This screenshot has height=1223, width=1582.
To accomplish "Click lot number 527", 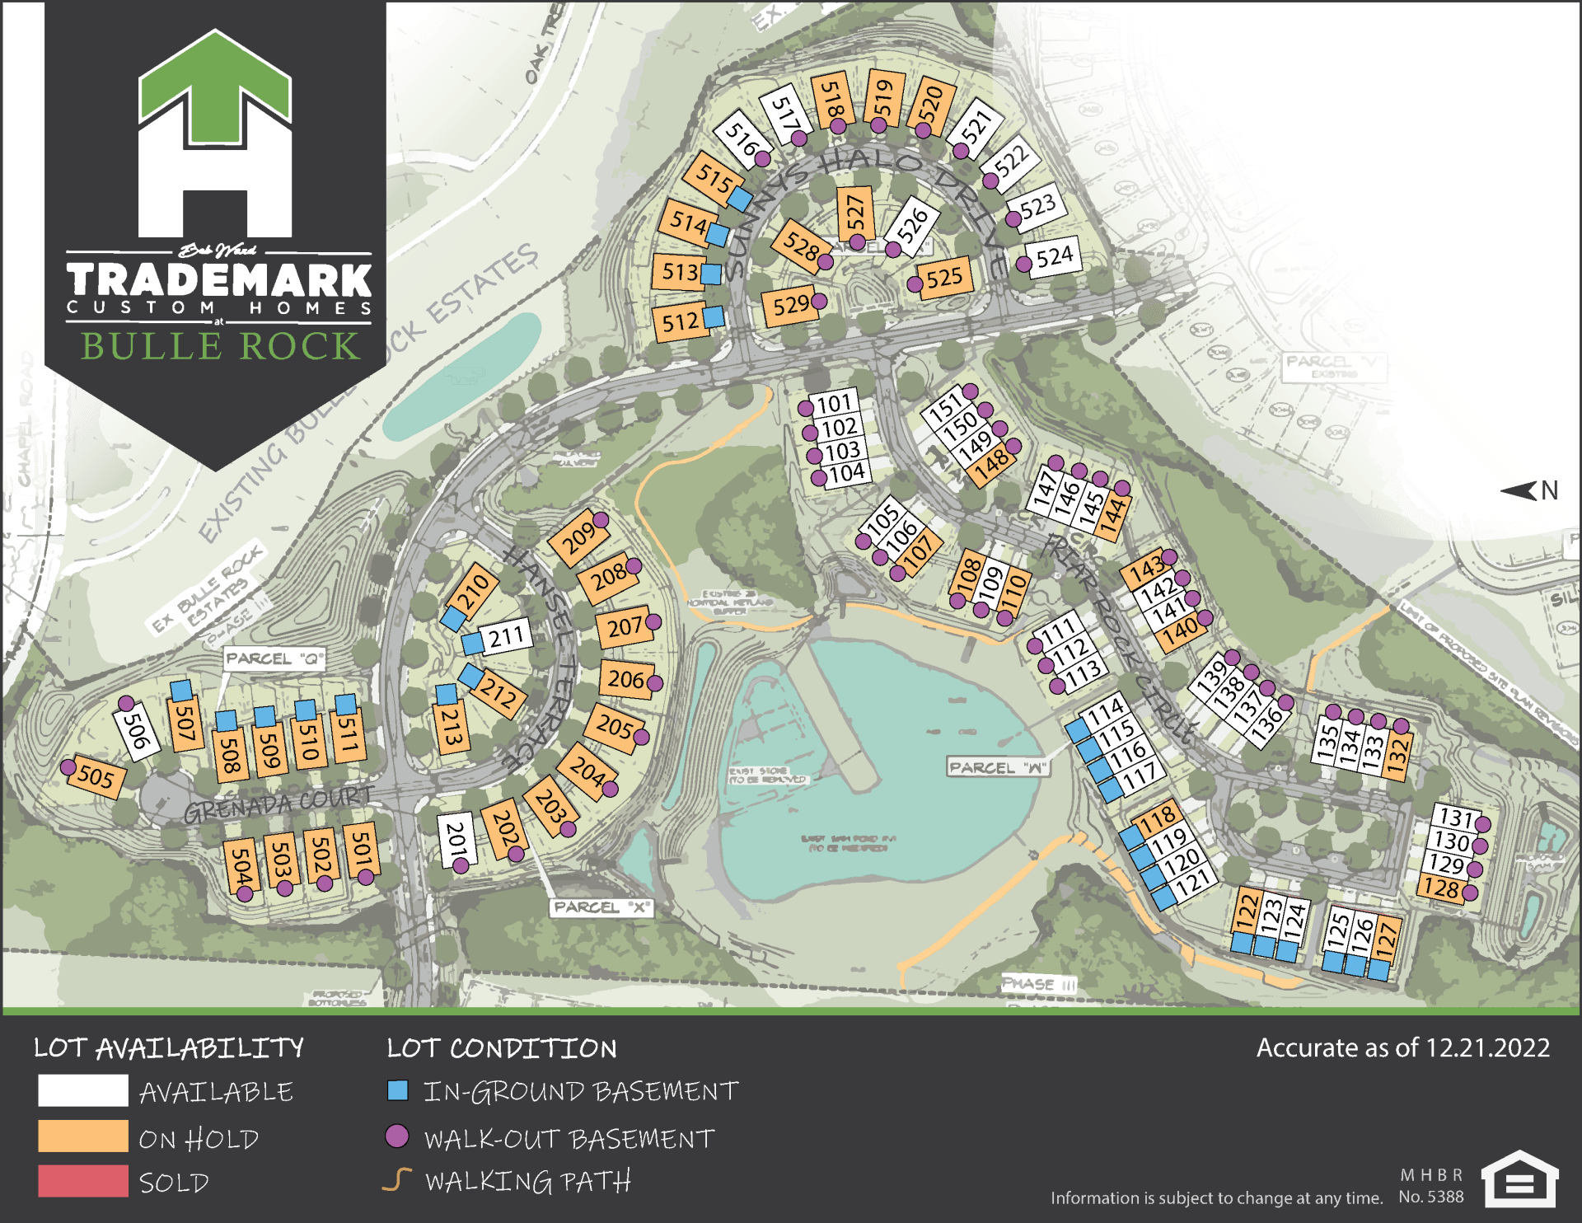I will pos(856,213).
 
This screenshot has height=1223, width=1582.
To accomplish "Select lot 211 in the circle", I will pos(506,636).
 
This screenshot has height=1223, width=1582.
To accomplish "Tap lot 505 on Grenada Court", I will pos(96,776).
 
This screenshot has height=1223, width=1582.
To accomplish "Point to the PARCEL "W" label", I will pos(998,767).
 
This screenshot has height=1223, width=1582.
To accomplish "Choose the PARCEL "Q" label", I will pos(274,658).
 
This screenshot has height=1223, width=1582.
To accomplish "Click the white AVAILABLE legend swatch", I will pos(82,1091).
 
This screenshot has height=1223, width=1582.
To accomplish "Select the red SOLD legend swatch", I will pos(82,1181).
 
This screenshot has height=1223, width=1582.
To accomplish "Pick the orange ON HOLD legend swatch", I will pos(82,1136).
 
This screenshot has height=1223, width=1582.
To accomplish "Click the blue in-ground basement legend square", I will pos(398,1091).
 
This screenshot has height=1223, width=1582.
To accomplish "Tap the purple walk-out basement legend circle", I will pos(397,1136).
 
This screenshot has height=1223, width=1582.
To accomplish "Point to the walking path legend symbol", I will pos(397,1180).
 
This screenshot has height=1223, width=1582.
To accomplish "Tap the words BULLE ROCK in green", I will pos(220,346).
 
